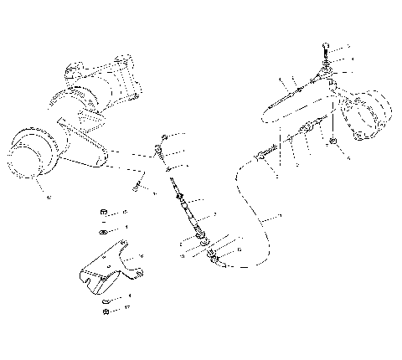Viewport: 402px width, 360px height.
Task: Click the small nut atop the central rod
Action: pyautogui.click(x=165, y=137)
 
